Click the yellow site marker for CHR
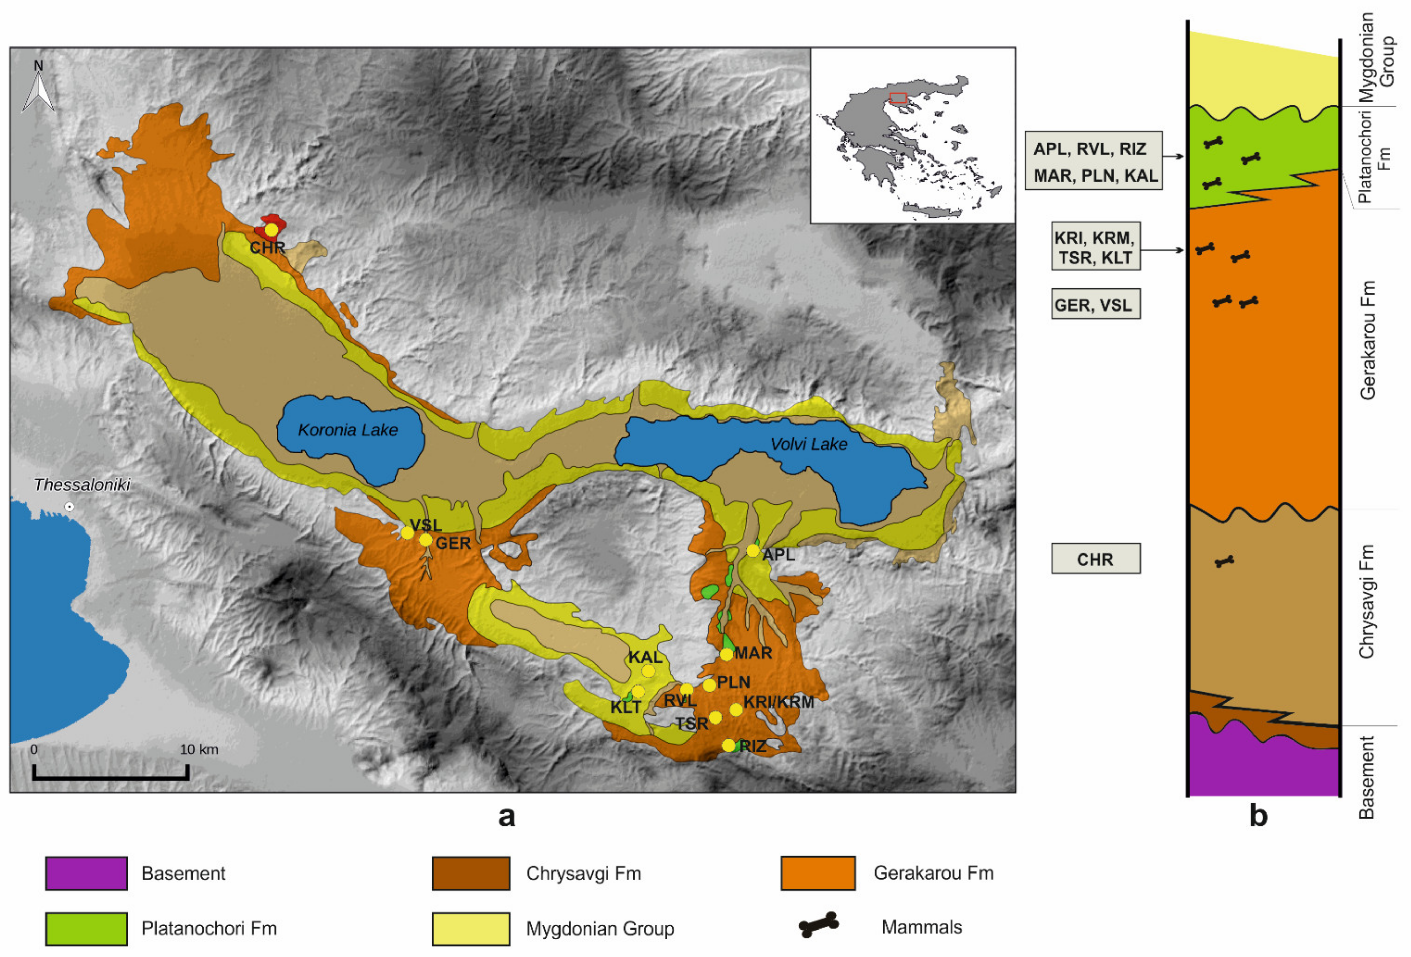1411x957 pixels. [271, 230]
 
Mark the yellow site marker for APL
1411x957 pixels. [753, 550]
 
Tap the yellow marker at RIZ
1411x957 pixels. [729, 745]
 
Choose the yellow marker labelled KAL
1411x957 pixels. [648, 671]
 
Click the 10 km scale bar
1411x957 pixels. [110, 772]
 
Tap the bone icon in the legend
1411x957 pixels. [819, 925]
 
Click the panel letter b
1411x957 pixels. [1258, 816]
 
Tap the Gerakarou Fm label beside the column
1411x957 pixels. [1367, 340]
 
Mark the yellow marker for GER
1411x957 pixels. [426, 540]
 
